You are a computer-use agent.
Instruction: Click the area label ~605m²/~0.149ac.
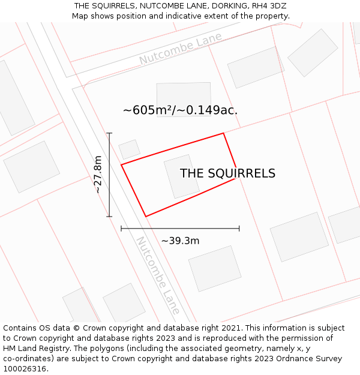click(x=180, y=110)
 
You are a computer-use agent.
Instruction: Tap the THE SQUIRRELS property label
click(x=227, y=173)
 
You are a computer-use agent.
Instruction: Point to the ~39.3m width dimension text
click(x=180, y=241)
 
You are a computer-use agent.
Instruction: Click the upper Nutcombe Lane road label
click(x=181, y=49)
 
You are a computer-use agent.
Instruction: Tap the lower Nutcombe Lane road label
click(x=158, y=275)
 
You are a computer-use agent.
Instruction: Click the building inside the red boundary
click(x=182, y=176)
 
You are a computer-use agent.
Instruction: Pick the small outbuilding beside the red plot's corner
click(x=129, y=149)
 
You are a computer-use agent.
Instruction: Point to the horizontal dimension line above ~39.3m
click(x=180, y=228)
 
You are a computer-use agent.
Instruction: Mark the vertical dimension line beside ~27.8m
click(x=109, y=175)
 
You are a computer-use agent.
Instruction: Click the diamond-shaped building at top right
click(x=313, y=53)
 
